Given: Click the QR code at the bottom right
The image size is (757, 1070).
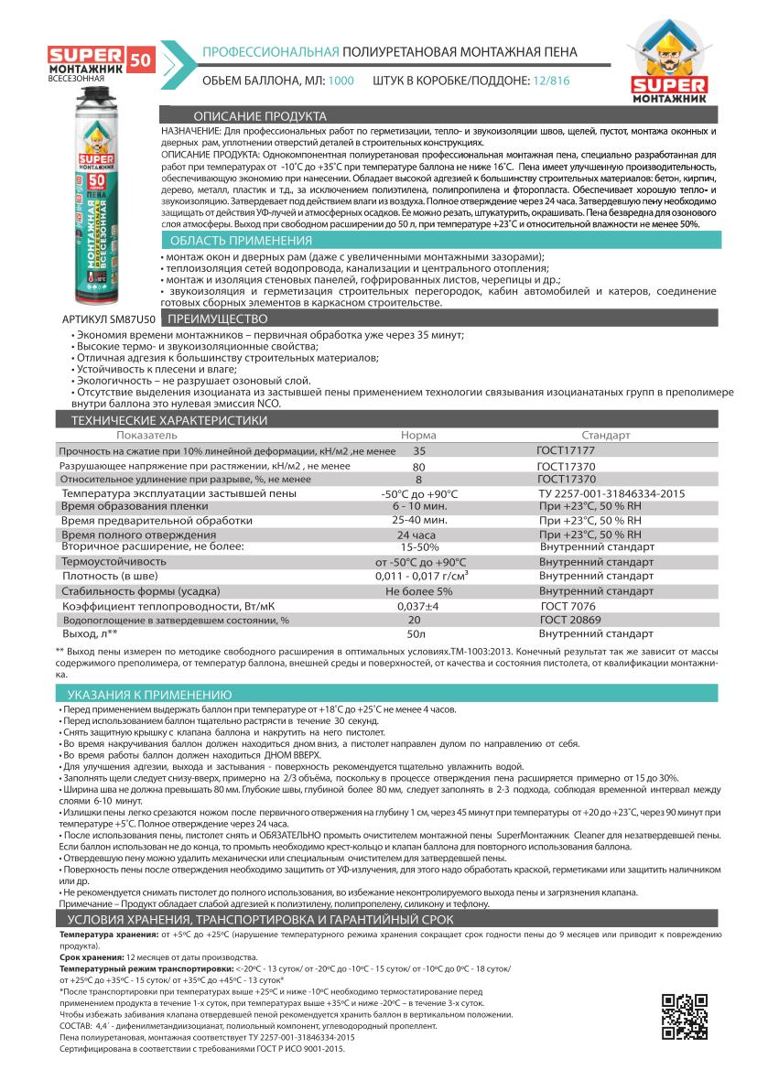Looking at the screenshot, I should [x=682, y=1017].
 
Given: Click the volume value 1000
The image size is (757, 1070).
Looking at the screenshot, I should [x=341, y=81].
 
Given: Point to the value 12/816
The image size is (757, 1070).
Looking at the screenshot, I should [x=549, y=81].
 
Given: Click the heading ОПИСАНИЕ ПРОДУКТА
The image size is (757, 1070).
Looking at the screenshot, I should [x=260, y=117].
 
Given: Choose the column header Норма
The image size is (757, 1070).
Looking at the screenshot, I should [x=419, y=436].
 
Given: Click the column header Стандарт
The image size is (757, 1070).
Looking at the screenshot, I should [x=606, y=436].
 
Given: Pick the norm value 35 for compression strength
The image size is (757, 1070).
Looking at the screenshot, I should [x=419, y=451].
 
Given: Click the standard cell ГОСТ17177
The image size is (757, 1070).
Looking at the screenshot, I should [x=566, y=451].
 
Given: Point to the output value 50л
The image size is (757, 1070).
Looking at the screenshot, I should [x=416, y=633].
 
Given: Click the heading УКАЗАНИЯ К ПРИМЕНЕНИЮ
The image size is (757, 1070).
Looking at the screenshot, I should [x=150, y=695].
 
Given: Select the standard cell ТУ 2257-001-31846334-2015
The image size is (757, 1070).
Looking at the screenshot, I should [x=606, y=492].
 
